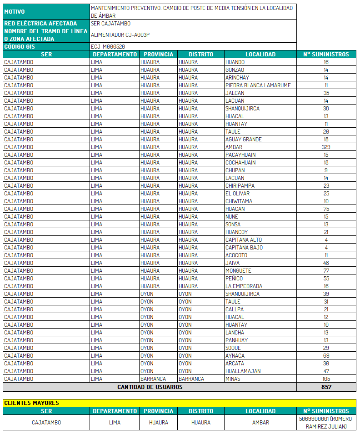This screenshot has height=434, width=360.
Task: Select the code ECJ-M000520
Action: [108, 46]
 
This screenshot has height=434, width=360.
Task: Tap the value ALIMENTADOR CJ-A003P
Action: [120, 35]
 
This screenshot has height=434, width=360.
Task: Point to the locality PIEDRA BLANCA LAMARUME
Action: [258, 85]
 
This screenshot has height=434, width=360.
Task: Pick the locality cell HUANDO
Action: [235, 62]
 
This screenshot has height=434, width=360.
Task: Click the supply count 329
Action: [326, 147]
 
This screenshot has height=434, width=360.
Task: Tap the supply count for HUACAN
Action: [326, 209]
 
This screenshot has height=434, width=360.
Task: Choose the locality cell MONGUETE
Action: [238, 271]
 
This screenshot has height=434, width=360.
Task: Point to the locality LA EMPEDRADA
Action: [244, 286]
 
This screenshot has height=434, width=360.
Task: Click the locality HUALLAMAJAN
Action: [243, 371]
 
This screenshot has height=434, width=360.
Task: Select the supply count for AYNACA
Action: [326, 356]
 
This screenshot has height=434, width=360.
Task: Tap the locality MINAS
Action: [233, 379]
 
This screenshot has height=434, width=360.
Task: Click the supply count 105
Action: [326, 379]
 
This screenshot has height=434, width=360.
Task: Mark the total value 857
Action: [326, 387]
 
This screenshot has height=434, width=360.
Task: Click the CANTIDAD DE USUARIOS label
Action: [150, 387]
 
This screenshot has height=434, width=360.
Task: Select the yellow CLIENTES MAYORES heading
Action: [31, 403]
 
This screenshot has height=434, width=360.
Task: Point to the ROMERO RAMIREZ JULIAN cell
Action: [326, 423]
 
